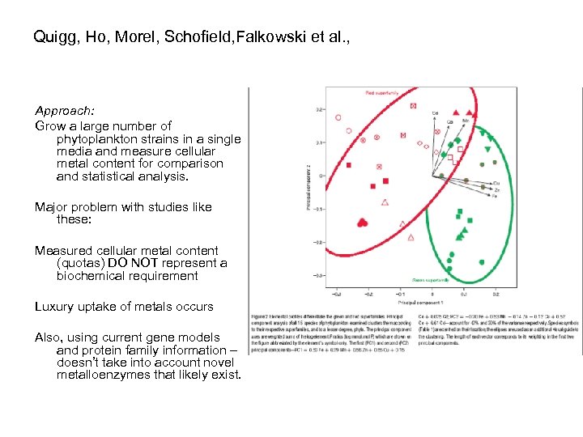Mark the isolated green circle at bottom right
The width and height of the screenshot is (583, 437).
(483, 261)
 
